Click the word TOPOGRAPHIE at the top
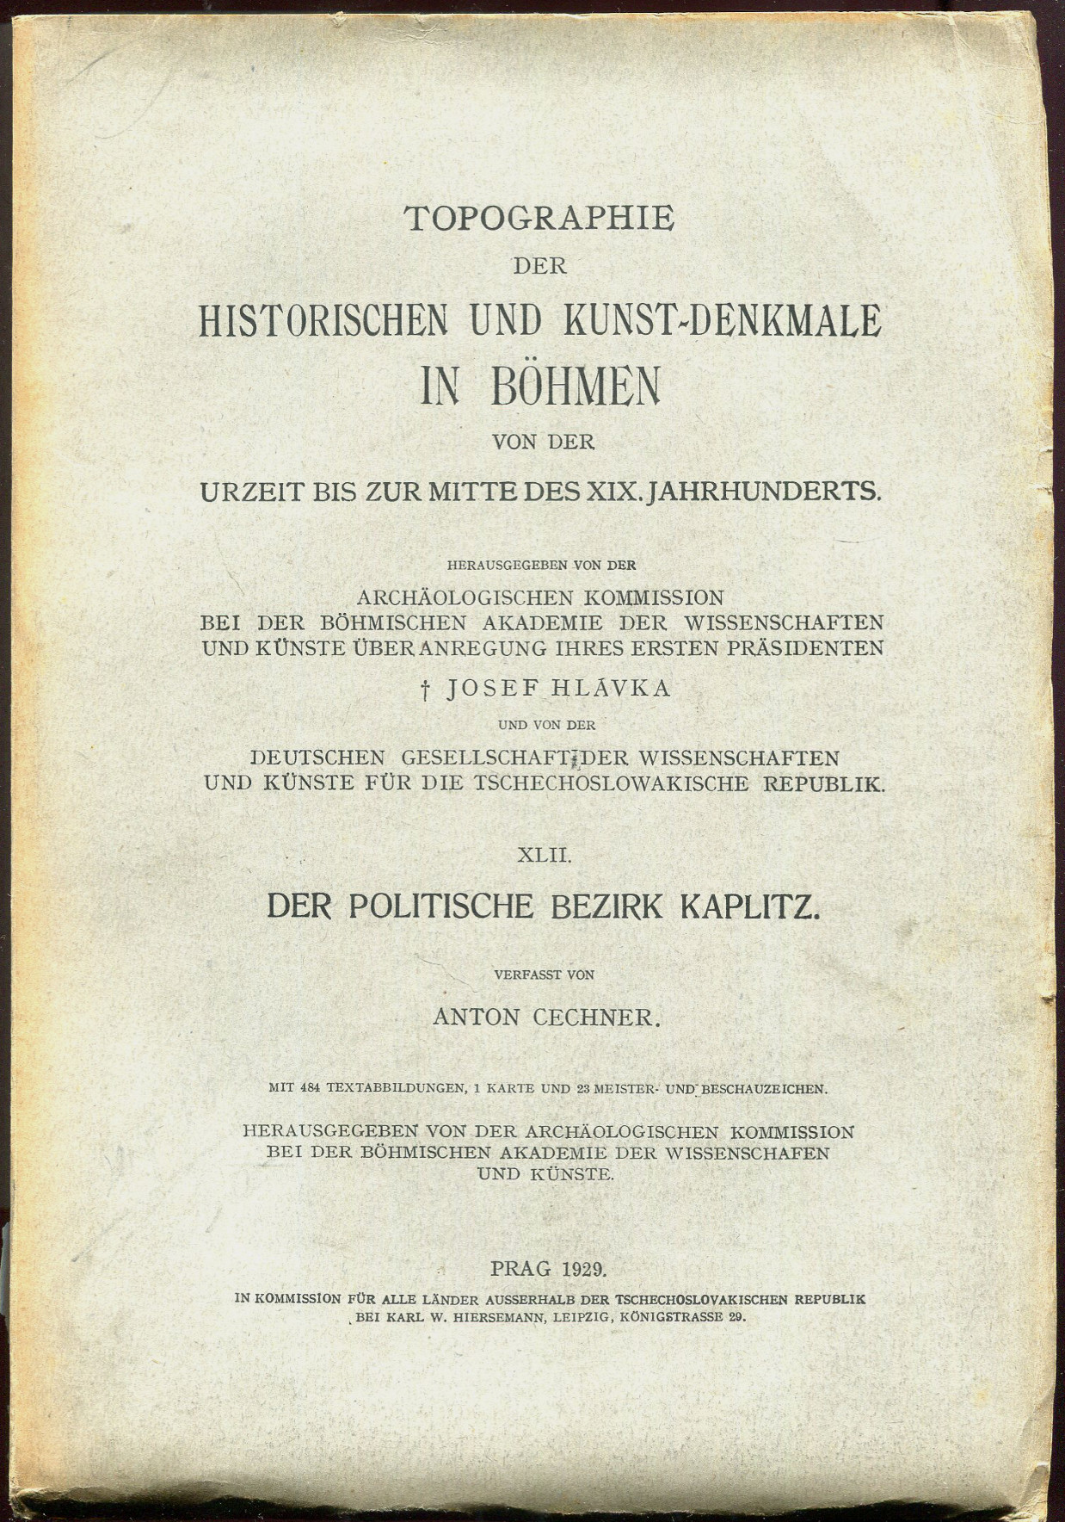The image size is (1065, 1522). (x=539, y=220)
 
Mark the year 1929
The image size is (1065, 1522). (x=586, y=1267)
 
